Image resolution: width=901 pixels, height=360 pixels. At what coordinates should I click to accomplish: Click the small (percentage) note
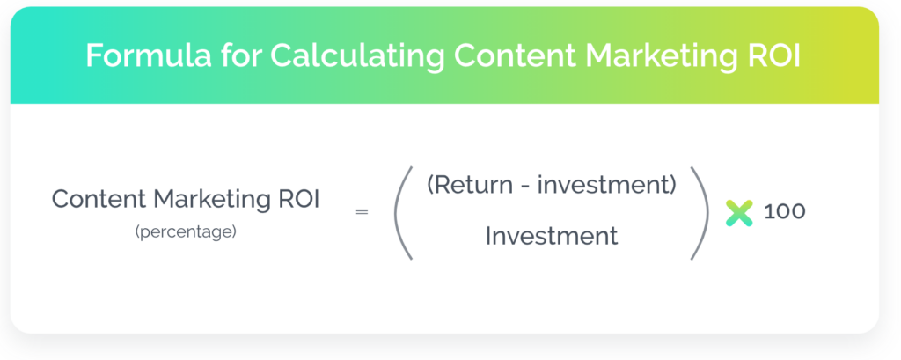(x=186, y=233)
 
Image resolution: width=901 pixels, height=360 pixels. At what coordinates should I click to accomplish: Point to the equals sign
(x=362, y=212)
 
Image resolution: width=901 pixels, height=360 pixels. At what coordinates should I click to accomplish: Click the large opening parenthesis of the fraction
(x=401, y=213)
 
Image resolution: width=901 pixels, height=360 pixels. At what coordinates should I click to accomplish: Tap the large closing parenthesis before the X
(x=700, y=213)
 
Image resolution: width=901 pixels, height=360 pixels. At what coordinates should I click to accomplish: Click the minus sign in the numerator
(x=528, y=187)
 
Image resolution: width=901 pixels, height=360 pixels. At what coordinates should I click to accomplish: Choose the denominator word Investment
(x=552, y=236)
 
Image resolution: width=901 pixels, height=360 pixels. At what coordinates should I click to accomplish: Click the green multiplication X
(x=739, y=213)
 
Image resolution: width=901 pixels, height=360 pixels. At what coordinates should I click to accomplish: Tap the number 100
(x=784, y=211)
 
